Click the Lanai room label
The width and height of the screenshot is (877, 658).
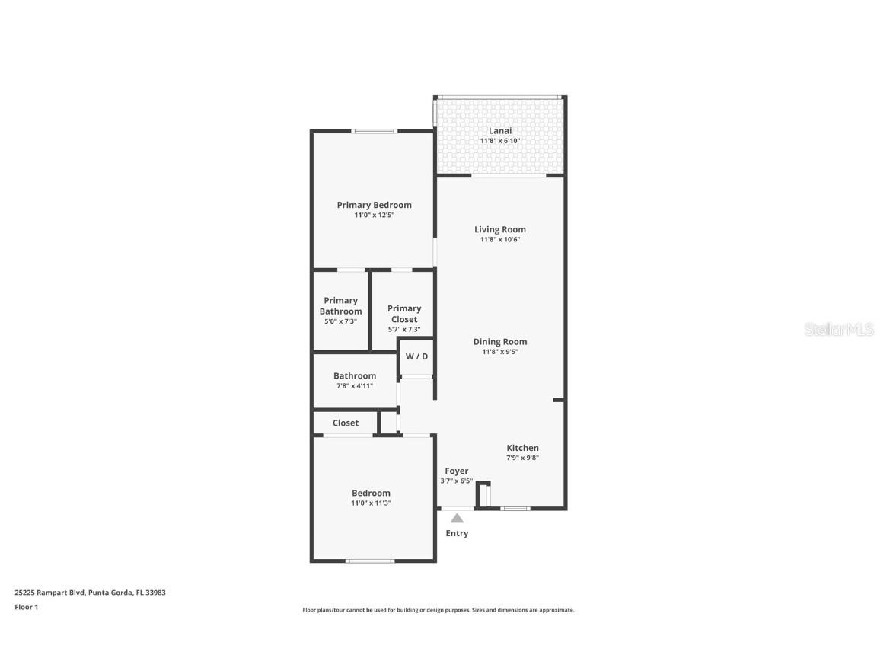[x=500, y=131]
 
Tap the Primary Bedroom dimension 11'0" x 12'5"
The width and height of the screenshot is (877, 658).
[x=374, y=216]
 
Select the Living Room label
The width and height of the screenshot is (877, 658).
[x=499, y=229]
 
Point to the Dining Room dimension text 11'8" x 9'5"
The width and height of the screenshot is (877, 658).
[x=499, y=352]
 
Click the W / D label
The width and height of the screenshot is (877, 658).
[x=416, y=356]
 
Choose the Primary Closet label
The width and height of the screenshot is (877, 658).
[x=404, y=314]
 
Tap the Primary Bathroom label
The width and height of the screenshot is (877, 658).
[x=340, y=305]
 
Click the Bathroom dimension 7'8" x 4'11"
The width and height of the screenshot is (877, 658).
[x=355, y=386]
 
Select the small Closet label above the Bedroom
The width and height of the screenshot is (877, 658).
[x=345, y=423]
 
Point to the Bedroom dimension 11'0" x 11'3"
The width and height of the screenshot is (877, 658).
[x=371, y=503]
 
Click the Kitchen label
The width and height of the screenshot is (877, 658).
[x=522, y=448]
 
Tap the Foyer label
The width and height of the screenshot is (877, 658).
[x=456, y=471]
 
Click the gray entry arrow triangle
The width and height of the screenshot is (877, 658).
[x=456, y=519]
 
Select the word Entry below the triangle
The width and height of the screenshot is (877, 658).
[x=457, y=533]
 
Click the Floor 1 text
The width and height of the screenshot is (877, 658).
[x=26, y=607]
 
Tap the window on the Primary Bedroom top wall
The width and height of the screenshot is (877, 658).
[x=374, y=132]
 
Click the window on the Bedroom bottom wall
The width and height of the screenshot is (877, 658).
[x=370, y=561]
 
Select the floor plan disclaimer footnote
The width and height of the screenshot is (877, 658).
[x=438, y=610]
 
